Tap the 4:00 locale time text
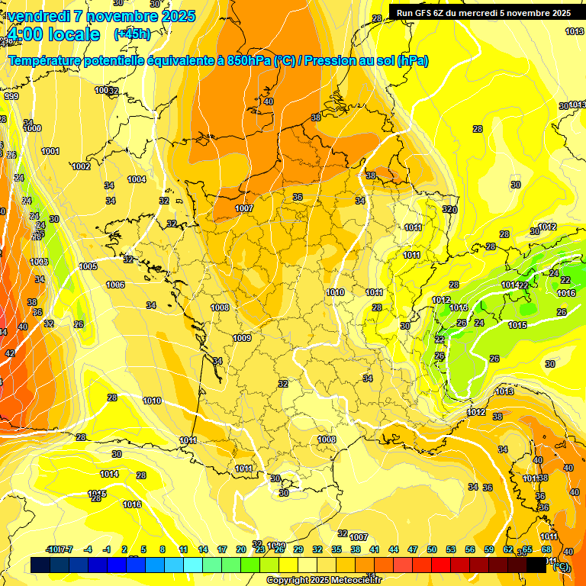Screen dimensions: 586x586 click(53, 34)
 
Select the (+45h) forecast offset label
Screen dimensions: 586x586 click(132, 34)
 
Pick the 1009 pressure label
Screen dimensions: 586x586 click(242, 338)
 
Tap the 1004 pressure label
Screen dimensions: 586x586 click(137, 180)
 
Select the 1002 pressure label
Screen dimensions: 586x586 click(81, 166)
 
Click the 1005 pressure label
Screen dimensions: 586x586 click(88, 266)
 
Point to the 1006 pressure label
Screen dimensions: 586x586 click(115, 285)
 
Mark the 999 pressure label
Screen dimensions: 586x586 click(11, 97)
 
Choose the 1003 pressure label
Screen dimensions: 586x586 click(39, 262)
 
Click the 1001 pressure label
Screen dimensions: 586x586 click(50, 151)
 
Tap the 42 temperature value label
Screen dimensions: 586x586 click(10, 353)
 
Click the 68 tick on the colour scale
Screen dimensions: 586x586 click(546, 549)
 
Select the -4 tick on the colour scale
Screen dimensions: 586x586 click(88, 549)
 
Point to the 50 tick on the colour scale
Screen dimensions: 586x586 click(432, 549)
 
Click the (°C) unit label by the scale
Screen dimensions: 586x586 click(561, 566)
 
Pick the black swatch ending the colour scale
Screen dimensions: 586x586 click(536, 565)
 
